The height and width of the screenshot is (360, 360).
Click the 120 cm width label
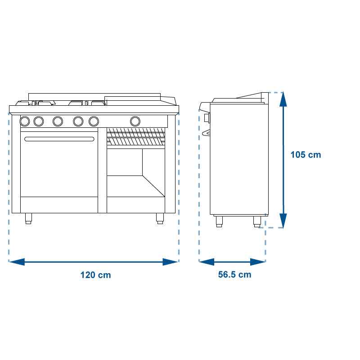click(95, 275)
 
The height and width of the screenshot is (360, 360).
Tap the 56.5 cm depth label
click(234, 274)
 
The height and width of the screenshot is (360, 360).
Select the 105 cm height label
click(306, 154)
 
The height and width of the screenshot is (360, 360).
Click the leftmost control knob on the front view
click(25, 121)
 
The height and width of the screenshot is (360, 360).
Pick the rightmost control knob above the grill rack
click(135, 121)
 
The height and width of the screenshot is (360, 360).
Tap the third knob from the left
click(58, 121)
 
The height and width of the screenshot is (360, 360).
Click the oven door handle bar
click(59, 139)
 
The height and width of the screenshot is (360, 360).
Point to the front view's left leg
click(28, 218)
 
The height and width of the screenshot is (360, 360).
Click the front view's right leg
click(160, 218)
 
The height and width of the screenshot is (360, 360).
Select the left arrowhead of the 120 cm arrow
click(17, 262)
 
